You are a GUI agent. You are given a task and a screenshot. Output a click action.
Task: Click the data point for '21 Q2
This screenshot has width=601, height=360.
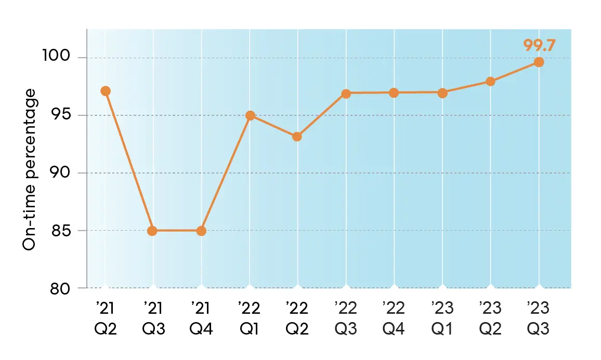point(106,91)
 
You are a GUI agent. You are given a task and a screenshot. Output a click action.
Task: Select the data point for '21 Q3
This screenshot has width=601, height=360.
point(152,231)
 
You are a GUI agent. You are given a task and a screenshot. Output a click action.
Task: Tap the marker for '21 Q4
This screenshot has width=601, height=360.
point(201,231)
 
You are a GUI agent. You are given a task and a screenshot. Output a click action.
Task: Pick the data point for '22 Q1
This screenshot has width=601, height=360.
point(250,115)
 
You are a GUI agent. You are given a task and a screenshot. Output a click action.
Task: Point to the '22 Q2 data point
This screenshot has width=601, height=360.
point(297,137)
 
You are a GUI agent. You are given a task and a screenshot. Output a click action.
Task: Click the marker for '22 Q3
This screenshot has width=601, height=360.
point(346,93)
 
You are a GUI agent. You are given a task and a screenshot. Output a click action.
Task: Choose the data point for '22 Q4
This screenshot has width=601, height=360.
point(394,92)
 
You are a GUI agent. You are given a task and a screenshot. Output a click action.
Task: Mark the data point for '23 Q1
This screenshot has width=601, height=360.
point(442,92)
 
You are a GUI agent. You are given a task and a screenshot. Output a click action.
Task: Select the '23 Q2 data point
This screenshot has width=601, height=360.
point(490,81)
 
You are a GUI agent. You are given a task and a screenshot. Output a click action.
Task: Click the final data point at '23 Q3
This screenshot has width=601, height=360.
point(539,62)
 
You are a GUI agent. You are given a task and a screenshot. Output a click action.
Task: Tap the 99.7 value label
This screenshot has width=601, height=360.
point(539,45)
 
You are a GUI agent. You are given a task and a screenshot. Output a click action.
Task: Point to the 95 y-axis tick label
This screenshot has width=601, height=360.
point(62,115)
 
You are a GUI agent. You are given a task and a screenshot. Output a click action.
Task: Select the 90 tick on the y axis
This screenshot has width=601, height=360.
point(62,172)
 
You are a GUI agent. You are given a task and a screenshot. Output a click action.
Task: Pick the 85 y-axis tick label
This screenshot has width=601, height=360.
point(62,230)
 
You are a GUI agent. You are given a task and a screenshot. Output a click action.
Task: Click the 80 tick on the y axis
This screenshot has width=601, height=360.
point(62,288)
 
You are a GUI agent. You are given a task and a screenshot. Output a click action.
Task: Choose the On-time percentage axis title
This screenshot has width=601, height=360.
point(30,170)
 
